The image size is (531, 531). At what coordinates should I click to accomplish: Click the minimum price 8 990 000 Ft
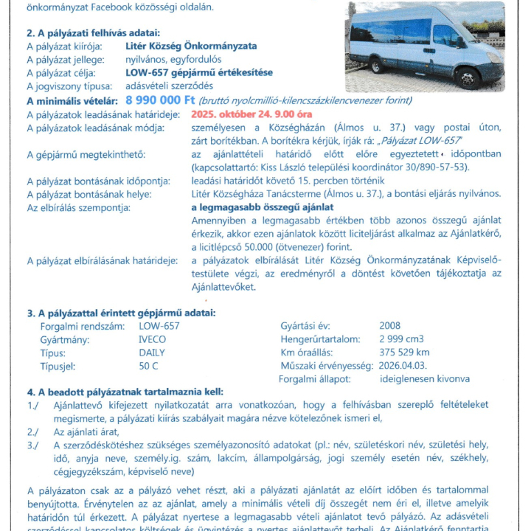[x=160, y=100]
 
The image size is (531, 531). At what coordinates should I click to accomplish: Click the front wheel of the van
[x=468, y=77]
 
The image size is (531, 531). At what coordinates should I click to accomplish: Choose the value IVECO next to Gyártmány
[x=153, y=339]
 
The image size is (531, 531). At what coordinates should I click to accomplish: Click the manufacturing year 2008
[x=389, y=326]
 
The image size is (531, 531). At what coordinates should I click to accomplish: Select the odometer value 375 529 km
[x=404, y=353]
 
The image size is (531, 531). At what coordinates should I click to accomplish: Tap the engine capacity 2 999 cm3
[x=403, y=339]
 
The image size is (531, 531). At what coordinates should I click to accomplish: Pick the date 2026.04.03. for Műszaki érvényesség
[x=403, y=366]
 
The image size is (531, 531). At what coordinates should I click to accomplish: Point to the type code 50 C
[x=148, y=366]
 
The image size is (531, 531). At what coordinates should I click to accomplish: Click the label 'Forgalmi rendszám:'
[x=80, y=326]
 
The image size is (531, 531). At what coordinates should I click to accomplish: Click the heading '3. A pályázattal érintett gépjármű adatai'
[x=122, y=312]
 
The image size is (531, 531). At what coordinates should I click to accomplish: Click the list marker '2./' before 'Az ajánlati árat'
[x=32, y=431]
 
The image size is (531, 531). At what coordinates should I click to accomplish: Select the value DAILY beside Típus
[x=152, y=353]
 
